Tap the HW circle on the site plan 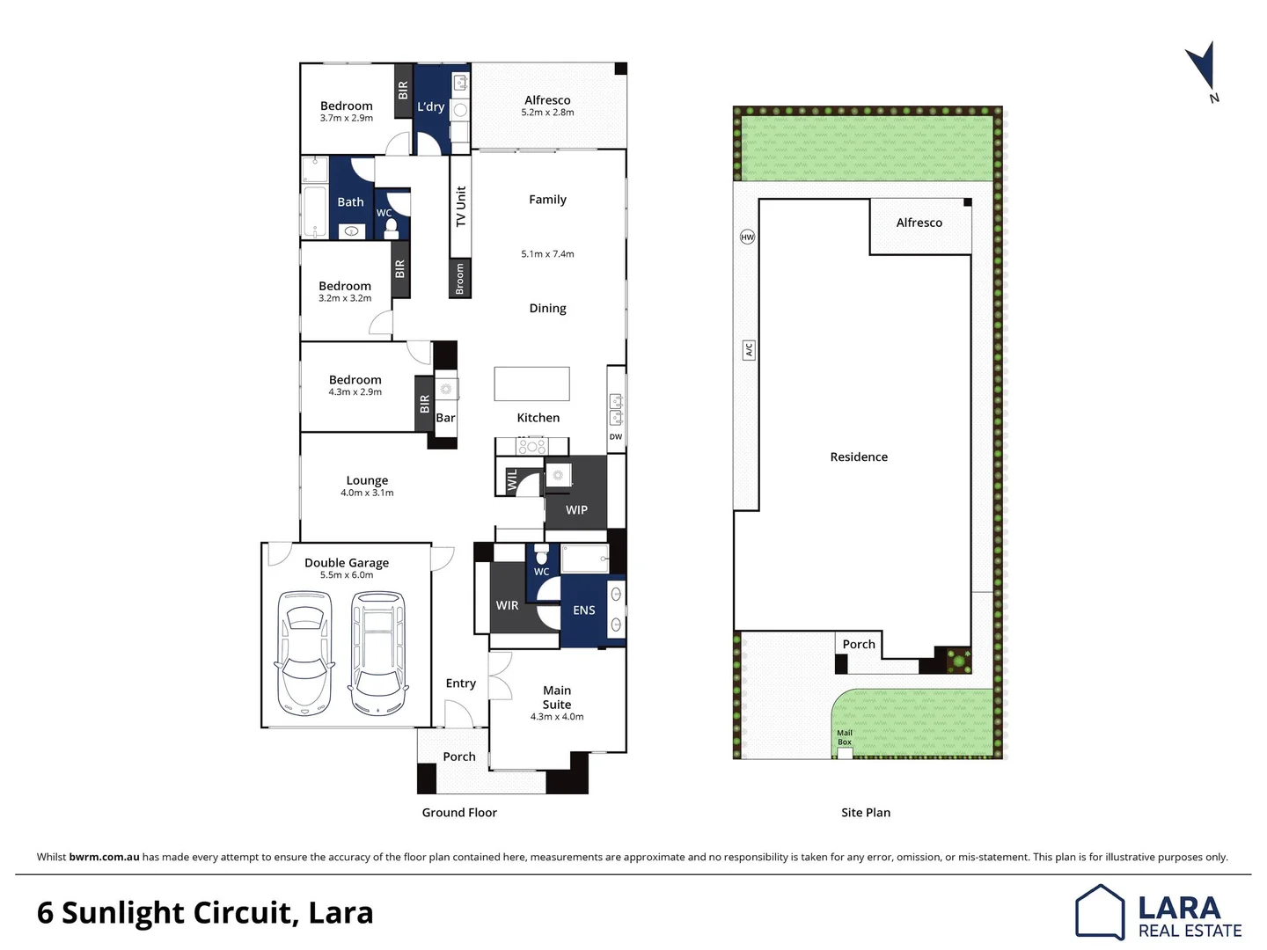[x=747, y=237]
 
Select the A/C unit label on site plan [x=749, y=350]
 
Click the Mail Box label [x=845, y=737]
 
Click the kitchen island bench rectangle [x=531, y=384]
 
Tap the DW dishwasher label [x=616, y=436]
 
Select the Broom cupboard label [x=459, y=279]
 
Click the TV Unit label [x=460, y=206]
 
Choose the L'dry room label [x=431, y=106]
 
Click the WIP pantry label [x=576, y=509]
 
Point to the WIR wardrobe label [x=507, y=605]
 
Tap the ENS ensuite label [x=584, y=610]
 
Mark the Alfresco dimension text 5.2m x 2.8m [x=547, y=113]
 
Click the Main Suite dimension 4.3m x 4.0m [x=557, y=717]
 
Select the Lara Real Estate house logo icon [x=1100, y=912]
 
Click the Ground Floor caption [x=459, y=813]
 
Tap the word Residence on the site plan [x=859, y=457]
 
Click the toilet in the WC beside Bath [x=392, y=229]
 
